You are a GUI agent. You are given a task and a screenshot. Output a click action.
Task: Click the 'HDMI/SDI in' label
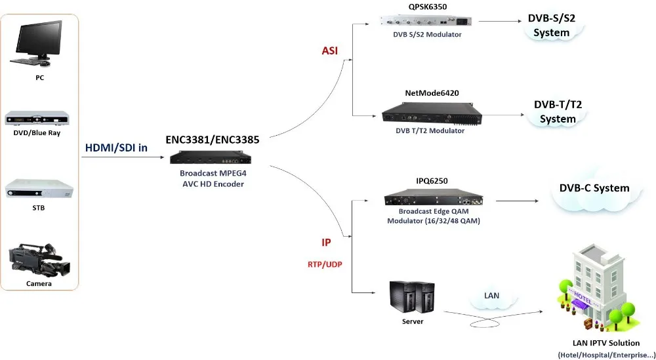(116, 148)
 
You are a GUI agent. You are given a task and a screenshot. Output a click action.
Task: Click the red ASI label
(329, 50)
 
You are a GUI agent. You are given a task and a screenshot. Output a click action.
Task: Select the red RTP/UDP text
(326, 264)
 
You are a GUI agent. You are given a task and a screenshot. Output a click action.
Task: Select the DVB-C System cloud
(594, 189)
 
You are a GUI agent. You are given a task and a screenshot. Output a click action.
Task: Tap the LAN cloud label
(491, 296)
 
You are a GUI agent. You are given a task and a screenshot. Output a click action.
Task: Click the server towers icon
(412, 298)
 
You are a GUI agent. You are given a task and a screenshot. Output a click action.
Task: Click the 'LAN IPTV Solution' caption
(607, 343)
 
